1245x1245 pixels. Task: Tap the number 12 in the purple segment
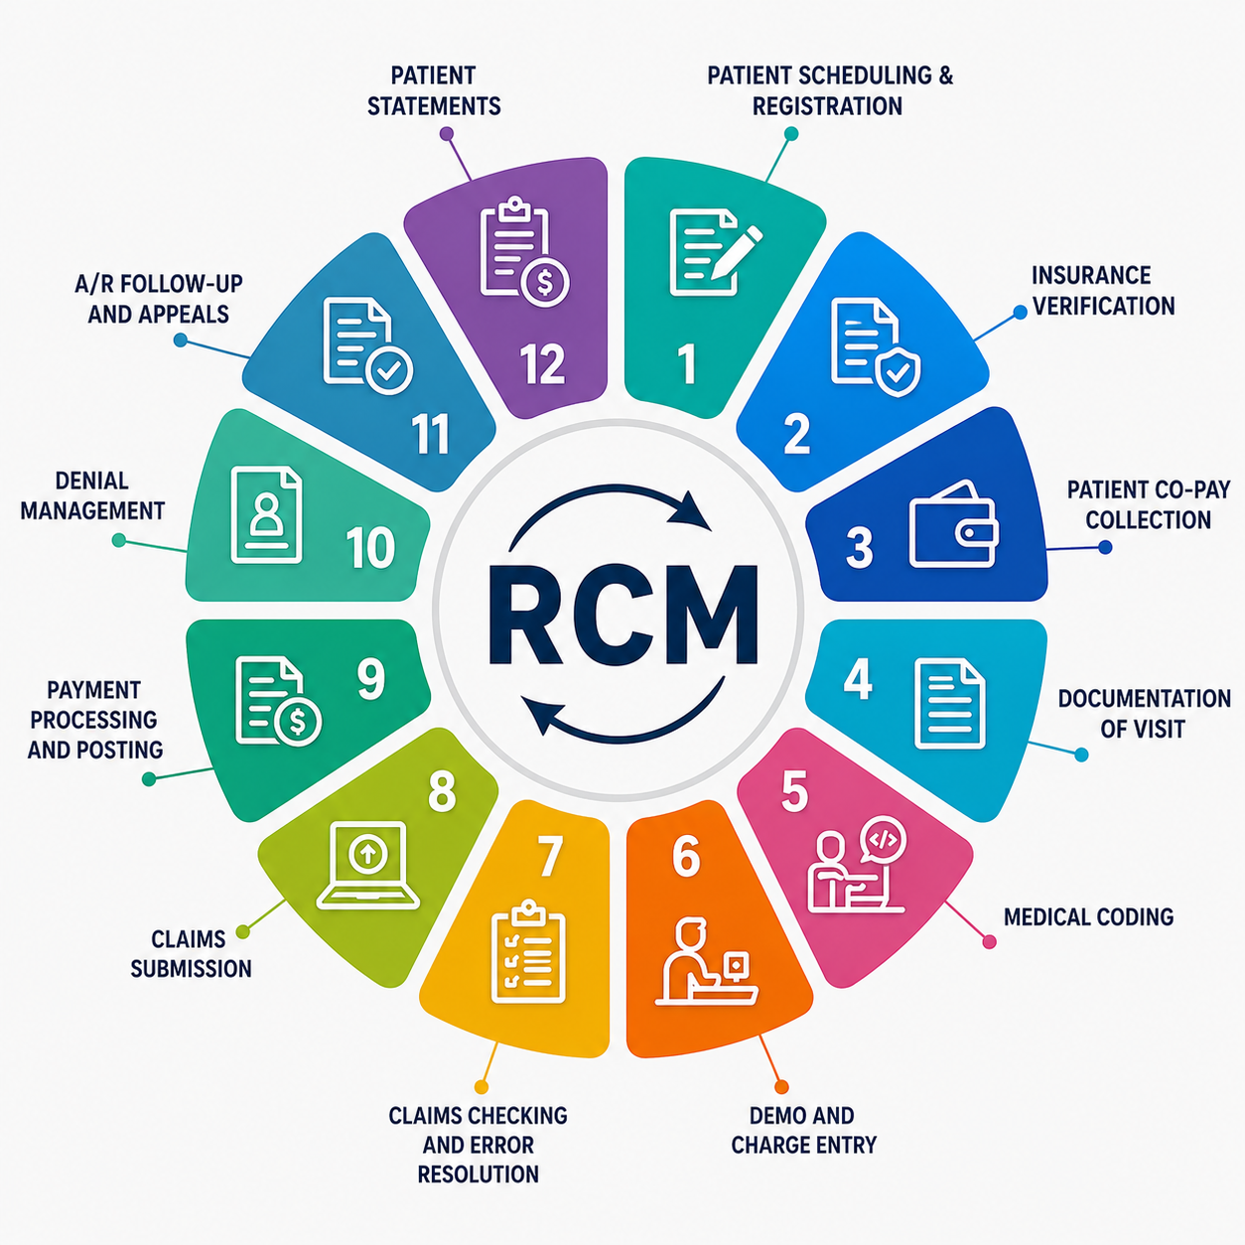pos(543,363)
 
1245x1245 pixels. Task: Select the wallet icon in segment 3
pos(953,524)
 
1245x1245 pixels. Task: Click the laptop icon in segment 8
pos(368,866)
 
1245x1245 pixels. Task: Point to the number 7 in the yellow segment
pos(550,856)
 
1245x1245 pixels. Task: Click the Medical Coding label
pos(1089,916)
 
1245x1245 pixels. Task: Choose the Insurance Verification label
pos(1103,291)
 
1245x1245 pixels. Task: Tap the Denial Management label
pos(92,495)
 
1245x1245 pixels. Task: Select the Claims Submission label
pos(191,954)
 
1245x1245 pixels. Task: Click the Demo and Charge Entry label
pos(804,1130)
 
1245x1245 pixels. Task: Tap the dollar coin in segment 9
pos(297,723)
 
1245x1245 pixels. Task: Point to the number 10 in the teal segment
pos(370,548)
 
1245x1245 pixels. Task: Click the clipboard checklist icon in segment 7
pos(528,950)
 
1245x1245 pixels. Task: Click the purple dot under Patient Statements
pos(447,134)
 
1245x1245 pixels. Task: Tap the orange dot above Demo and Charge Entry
pos(781,1087)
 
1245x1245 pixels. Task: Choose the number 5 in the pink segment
pos(794,791)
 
